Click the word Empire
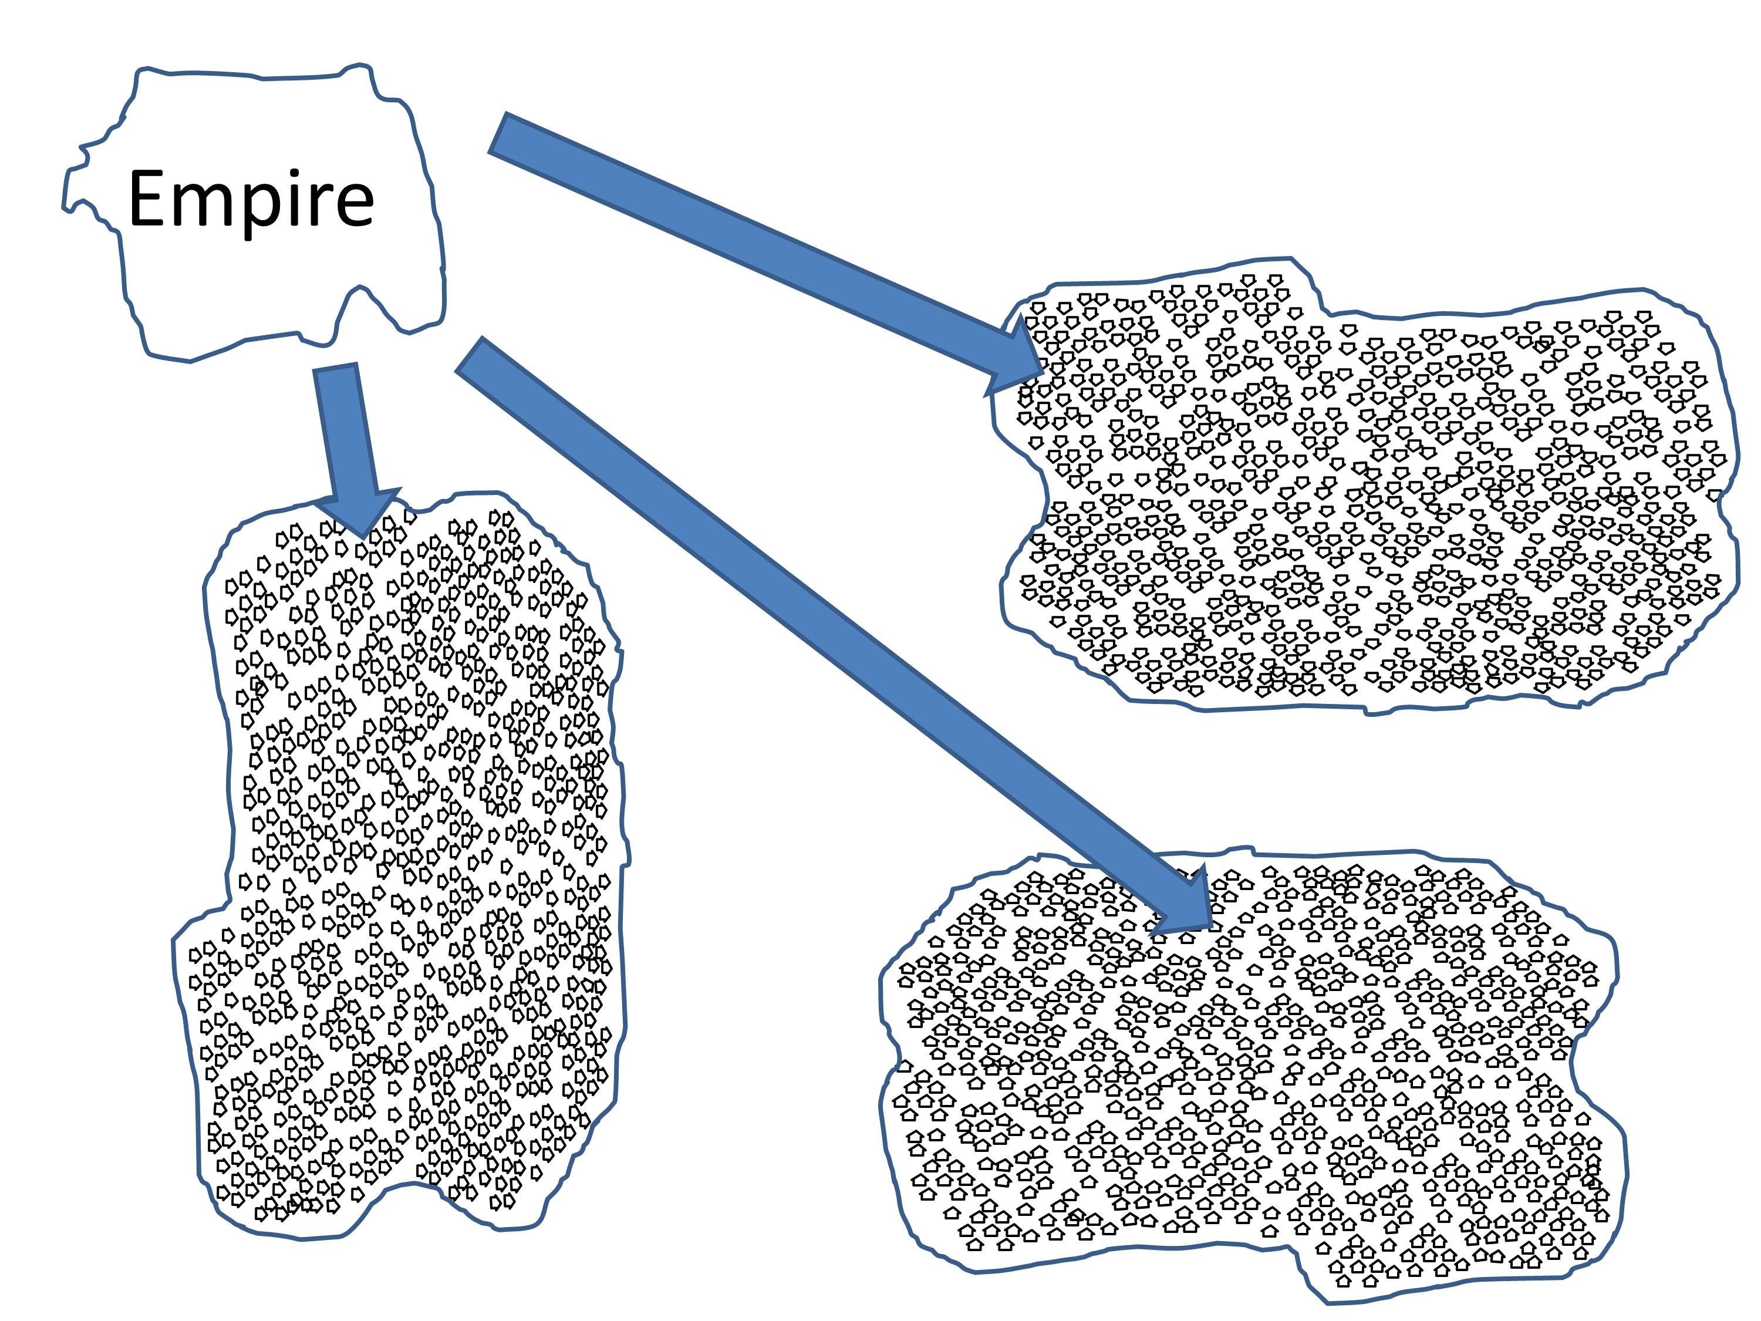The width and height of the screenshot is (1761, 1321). (x=250, y=199)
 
